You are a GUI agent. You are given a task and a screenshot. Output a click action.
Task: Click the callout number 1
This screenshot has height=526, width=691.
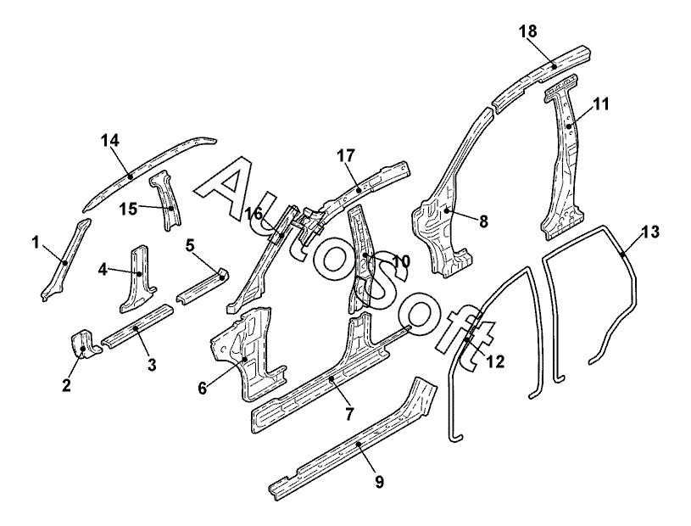[x=36, y=244]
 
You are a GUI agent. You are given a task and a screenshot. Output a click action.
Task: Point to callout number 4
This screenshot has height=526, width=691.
[x=103, y=269]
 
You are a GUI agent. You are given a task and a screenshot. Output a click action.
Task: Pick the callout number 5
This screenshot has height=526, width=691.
[x=191, y=245]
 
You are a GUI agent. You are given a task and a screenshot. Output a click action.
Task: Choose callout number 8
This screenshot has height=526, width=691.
[x=483, y=221]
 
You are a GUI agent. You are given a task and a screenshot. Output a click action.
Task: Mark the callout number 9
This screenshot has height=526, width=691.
[x=379, y=482]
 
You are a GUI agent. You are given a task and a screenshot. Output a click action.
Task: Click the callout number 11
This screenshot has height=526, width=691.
[x=601, y=104]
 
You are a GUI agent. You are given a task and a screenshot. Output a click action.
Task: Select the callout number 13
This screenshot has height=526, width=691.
[x=649, y=231]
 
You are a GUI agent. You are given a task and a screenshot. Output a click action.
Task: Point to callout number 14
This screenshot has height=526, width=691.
[x=110, y=141]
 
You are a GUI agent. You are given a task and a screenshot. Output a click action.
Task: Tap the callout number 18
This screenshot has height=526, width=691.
[x=527, y=32]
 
